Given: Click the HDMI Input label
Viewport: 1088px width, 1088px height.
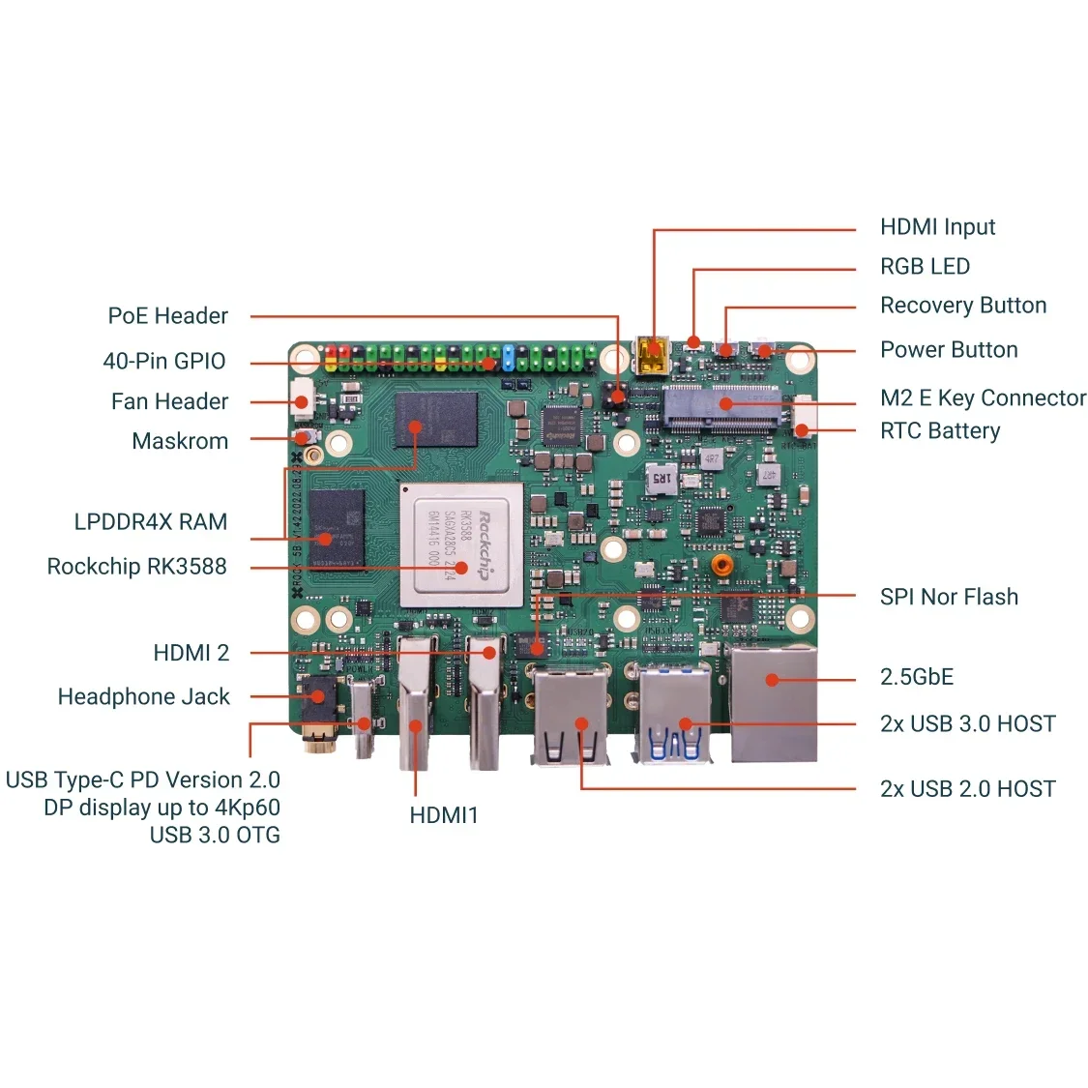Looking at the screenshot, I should (x=936, y=227).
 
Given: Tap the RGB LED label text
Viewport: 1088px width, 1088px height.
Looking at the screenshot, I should (x=924, y=267).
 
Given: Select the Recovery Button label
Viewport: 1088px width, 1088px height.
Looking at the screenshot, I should (x=962, y=306).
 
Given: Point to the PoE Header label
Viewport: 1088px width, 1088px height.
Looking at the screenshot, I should (x=167, y=316).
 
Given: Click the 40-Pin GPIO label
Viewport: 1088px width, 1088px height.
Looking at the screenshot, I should (x=163, y=362).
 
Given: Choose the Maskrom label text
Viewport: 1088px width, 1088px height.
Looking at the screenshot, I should (x=180, y=441).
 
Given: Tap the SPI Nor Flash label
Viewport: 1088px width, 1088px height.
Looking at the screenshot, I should (x=948, y=597).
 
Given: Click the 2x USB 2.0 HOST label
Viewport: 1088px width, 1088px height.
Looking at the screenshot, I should (x=967, y=789).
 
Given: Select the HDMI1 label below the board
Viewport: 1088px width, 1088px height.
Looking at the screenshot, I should (x=444, y=815).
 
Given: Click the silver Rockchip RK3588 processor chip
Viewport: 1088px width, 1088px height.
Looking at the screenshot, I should (x=462, y=544).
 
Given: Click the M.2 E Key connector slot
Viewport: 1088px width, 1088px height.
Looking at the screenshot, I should (x=720, y=406).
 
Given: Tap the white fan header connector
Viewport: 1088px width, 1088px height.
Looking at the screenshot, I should (x=302, y=396).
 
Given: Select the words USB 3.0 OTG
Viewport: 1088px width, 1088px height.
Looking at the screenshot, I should (x=215, y=835).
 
